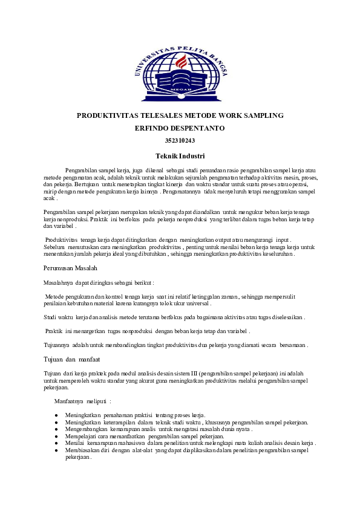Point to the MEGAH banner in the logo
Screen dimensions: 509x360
(179, 88)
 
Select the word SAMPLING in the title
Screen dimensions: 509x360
(264, 115)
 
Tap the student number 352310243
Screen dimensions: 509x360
(180, 141)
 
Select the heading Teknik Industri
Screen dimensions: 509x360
(180, 156)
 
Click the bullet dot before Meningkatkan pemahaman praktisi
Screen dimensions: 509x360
(56, 415)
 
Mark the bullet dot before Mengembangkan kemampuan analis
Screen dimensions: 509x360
(56, 429)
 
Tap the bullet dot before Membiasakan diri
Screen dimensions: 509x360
(56, 450)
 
